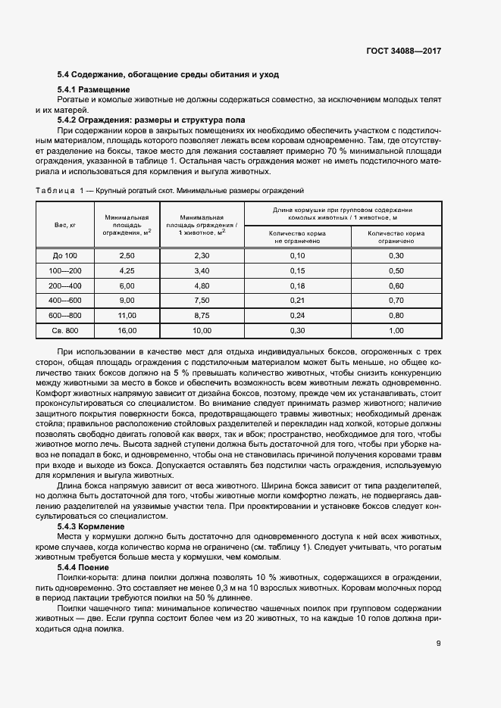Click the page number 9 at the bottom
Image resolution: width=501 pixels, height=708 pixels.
click(x=439, y=644)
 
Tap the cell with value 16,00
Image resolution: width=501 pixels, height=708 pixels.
click(x=127, y=331)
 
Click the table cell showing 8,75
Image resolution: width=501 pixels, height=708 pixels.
click(x=202, y=315)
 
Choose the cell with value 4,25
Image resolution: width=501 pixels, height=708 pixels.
click(x=127, y=271)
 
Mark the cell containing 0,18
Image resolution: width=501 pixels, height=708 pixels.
click(x=297, y=286)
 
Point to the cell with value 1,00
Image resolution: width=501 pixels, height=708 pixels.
click(x=396, y=331)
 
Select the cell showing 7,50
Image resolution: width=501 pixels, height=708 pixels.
click(x=202, y=301)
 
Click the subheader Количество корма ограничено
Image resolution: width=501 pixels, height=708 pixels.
click(x=396, y=237)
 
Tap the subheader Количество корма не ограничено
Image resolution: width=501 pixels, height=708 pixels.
click(x=297, y=237)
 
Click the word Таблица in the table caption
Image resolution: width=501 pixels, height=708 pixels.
click(x=55, y=191)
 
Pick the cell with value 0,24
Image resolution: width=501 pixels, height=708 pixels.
click(x=297, y=315)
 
